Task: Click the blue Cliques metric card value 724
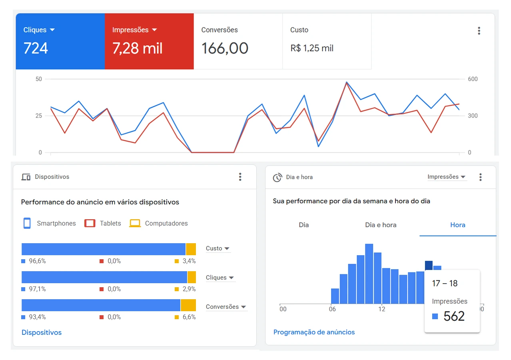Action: pos(36,48)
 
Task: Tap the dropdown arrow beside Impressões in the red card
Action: pos(155,30)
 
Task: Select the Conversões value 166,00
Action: pos(225,48)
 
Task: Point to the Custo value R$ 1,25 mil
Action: pos(312,48)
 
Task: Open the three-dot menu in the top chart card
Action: pos(479,31)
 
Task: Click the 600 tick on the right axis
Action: pos(473,79)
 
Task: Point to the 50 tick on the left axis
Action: pos(39,79)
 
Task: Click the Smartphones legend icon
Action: pos(27,223)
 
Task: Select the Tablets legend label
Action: pos(110,224)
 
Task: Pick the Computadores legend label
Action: pos(166,224)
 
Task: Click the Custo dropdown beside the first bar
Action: pos(218,248)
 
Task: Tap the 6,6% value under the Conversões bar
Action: pos(189,317)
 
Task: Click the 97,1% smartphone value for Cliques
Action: pos(37,289)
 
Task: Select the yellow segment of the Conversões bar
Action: pos(188,305)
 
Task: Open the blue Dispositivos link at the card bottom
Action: pos(42,332)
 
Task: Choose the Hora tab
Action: pos(457,225)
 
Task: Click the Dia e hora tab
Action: pos(381,225)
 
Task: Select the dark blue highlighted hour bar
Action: pos(429,265)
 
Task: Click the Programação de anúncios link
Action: pos(314,332)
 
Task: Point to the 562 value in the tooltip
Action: pos(454,316)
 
